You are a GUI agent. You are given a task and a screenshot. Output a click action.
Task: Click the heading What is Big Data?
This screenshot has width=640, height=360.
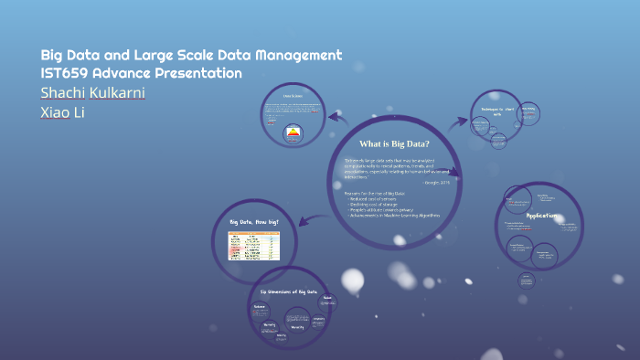pyautogui.click(x=394, y=143)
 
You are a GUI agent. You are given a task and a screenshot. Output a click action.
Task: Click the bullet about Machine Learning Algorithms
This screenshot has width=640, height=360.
pyautogui.click(x=393, y=216)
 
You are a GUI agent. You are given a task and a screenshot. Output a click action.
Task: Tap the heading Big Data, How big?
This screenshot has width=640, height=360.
pyautogui.click(x=254, y=222)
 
